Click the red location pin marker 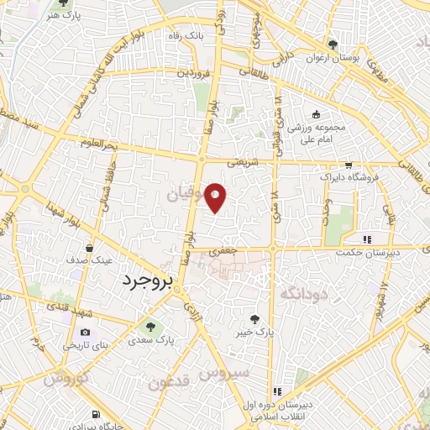point(216,197)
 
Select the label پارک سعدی point(151,341)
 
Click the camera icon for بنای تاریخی point(84,333)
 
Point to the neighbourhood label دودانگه point(302,293)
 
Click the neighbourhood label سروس point(228,371)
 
